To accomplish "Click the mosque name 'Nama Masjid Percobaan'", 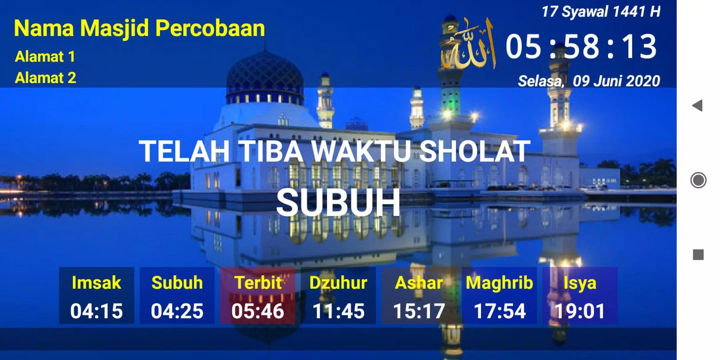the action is tap(139, 29).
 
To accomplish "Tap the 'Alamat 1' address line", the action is tap(45, 57).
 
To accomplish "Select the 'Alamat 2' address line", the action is tap(46, 78).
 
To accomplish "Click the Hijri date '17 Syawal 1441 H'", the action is tap(601, 12).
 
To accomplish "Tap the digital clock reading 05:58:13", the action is tap(581, 47).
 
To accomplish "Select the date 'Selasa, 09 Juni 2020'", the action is tap(589, 81).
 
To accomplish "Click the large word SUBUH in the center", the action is tap(338, 202).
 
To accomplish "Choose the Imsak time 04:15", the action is tap(96, 311).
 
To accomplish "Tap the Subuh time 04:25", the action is tap(177, 311).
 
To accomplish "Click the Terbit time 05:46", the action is tap(258, 311).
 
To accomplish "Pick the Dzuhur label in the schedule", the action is tap(338, 283).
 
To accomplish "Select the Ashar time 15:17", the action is tap(419, 311).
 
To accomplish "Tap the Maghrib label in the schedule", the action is tap(499, 283).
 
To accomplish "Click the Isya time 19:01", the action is tap(580, 311).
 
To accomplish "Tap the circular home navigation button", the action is tap(698, 180).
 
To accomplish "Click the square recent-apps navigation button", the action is tap(698, 255).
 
